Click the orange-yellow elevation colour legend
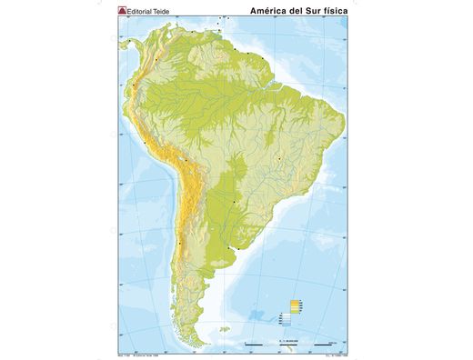pyautogui.click(x=294, y=305)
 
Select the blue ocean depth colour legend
pyautogui.click(x=286, y=319)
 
